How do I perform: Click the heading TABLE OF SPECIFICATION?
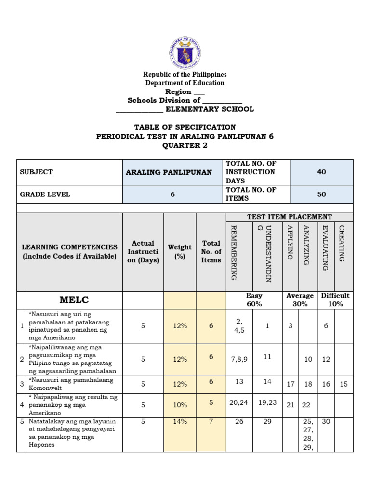(185, 127)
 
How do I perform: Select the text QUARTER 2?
(185, 145)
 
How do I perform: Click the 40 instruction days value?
(321, 172)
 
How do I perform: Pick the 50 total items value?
(321, 195)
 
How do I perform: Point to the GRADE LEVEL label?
(45, 195)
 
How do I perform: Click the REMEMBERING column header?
(234, 252)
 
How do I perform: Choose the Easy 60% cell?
(254, 300)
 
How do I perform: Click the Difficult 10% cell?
(335, 300)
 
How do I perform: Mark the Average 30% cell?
(300, 300)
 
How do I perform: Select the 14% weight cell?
(180, 421)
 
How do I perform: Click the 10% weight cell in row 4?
(180, 405)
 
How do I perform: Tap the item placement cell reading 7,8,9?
(239, 359)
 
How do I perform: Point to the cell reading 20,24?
(239, 402)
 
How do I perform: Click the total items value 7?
(211, 421)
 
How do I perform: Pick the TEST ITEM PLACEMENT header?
(289, 217)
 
